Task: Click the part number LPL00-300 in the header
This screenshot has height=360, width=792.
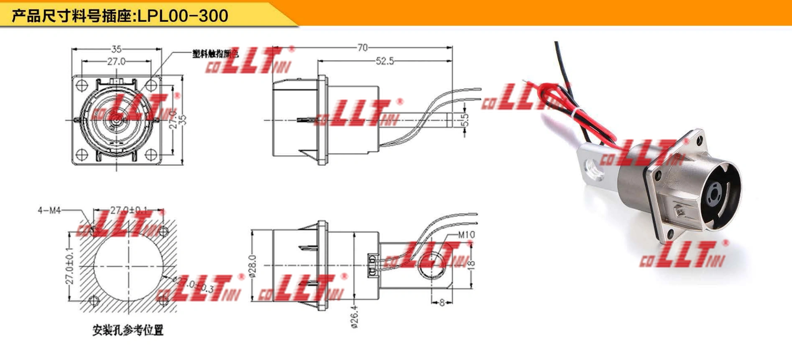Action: coord(183,16)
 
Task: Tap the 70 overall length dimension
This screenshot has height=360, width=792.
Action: coord(363,48)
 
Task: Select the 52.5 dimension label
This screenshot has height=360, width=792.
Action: coord(384,61)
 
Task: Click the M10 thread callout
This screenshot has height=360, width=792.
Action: coord(466,235)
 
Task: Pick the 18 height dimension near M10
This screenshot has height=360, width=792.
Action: coord(471,264)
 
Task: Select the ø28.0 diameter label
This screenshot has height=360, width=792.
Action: coord(253,266)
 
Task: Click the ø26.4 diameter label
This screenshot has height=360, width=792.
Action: coord(354,317)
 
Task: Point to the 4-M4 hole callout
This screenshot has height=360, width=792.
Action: coord(49,210)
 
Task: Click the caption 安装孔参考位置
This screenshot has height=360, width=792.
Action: coord(128,330)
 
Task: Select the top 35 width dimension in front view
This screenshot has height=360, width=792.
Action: coord(116,49)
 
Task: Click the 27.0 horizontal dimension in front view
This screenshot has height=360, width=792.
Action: coord(116,61)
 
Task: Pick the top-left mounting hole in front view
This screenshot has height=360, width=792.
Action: coord(82,86)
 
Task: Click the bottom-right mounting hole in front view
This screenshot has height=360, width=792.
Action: coord(151,155)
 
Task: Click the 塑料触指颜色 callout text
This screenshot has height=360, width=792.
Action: coord(215,54)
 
